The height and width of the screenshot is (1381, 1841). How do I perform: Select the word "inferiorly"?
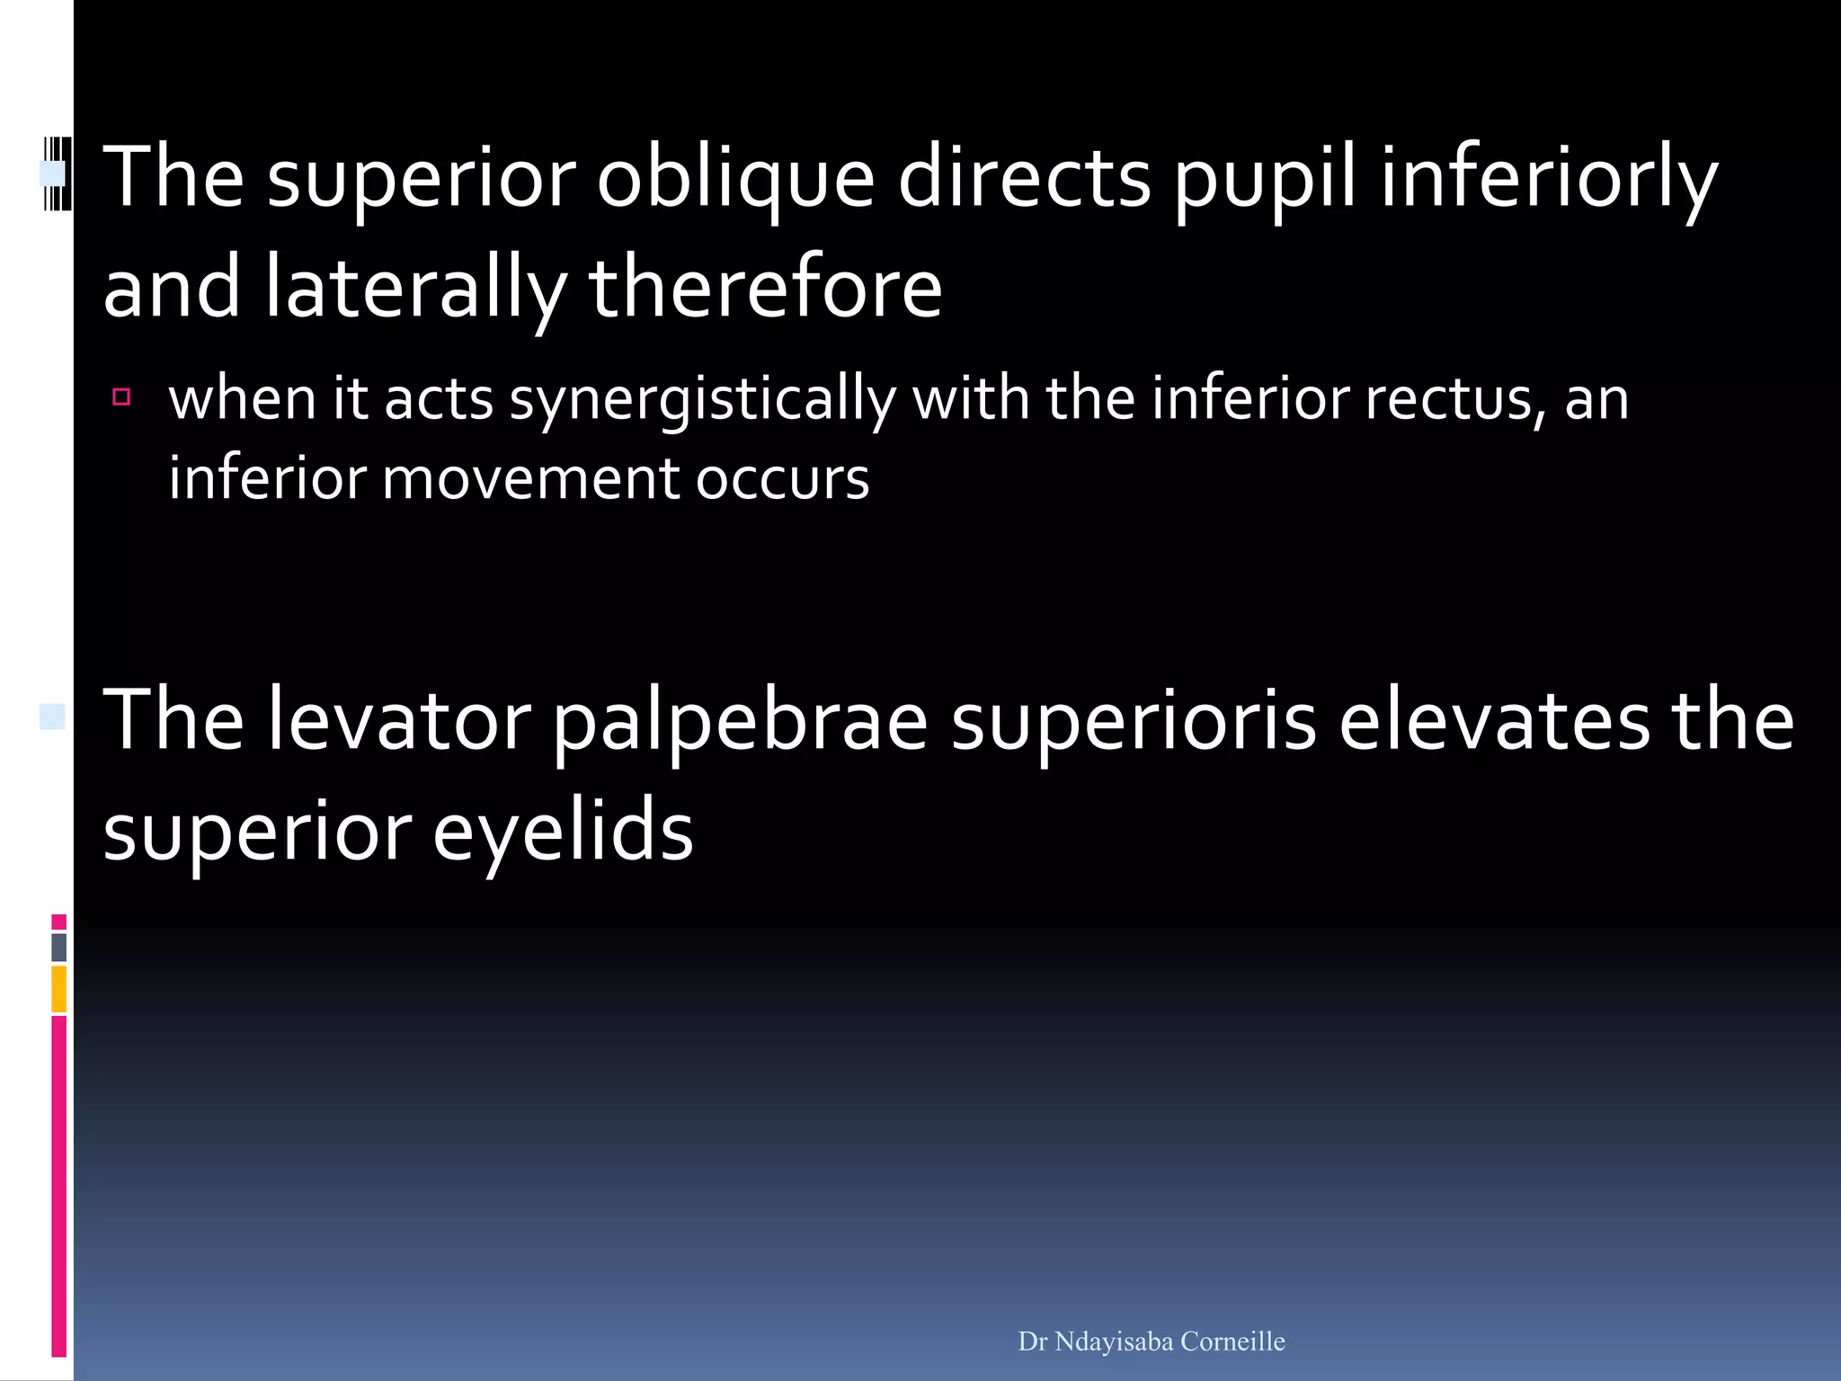pos(1548,178)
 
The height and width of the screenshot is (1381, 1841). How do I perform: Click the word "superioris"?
pos(1134,720)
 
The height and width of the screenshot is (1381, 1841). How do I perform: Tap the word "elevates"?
pos(1493,720)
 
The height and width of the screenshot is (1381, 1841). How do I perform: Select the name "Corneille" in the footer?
pos(1232,1341)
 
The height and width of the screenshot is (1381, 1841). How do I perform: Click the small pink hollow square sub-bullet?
pos(121,396)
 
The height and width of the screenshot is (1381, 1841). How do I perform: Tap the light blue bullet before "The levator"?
pos(52,717)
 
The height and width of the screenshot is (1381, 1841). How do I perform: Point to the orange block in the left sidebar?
pos(59,989)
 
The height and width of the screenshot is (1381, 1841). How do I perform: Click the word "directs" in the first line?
pos(1024,178)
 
